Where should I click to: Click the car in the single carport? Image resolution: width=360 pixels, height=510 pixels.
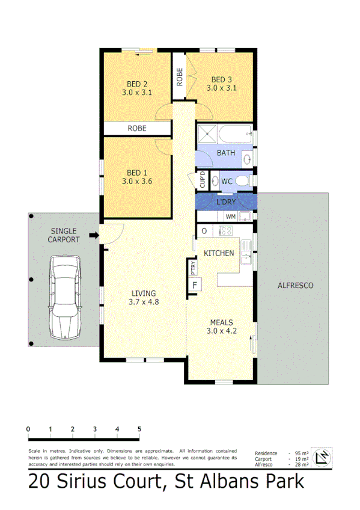coord(66,295)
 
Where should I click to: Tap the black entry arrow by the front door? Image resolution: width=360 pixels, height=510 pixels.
coord(93,236)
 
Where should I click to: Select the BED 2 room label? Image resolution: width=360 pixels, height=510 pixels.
coord(137,84)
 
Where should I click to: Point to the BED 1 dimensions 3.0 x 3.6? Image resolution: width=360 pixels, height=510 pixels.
coord(137,180)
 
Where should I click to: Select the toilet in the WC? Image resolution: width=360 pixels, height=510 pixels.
coord(242,180)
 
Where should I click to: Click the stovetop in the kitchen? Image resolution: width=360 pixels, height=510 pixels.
coord(225,230)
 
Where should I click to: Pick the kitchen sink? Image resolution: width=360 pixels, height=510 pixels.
coord(246,257)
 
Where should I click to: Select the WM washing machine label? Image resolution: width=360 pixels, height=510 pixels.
coord(230,216)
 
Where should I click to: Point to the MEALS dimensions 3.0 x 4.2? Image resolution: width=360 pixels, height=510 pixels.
coord(221,330)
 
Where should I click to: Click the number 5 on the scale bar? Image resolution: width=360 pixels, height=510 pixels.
coord(139,429)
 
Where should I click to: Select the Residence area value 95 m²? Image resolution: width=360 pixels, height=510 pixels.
coord(302,453)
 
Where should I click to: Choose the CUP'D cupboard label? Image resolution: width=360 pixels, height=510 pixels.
coord(203,180)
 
